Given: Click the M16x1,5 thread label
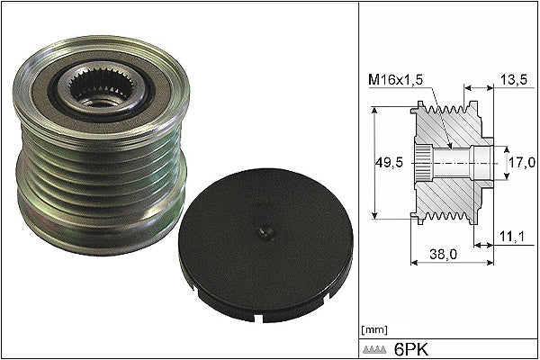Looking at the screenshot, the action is pos(395,80).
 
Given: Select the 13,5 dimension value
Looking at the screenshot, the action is pos(514,80).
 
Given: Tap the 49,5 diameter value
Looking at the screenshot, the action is pos(389,163).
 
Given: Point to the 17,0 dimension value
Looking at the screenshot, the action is pos(522,163).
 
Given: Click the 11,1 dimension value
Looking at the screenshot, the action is pos(512,237).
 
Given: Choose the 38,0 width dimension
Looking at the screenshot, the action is pos(443,254).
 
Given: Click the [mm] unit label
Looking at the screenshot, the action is pos(374,330).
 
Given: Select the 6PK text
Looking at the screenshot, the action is pos(411,350).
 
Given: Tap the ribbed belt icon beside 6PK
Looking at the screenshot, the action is pos(373,349).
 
